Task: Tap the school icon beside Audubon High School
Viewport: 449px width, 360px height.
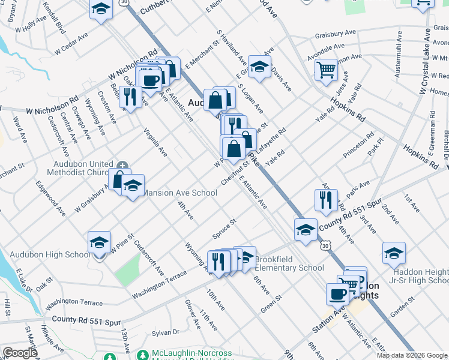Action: pos(99,243)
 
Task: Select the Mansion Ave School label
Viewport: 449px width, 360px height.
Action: pos(178,193)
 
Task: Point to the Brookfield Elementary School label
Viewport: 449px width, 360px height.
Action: pos(289,263)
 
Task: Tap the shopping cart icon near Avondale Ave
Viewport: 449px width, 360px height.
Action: pos(327,70)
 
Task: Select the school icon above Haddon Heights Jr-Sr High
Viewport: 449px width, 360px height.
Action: pos(394,253)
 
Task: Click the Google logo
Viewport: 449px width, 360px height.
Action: pos(19,353)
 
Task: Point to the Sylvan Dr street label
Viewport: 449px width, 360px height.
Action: pos(166,332)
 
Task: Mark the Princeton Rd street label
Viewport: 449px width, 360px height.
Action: pos(358,146)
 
